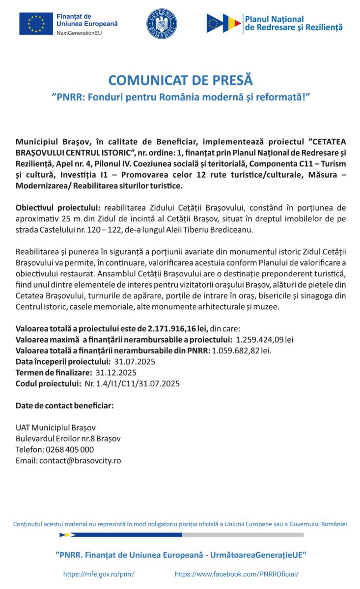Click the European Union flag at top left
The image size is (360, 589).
pyautogui.click(x=36, y=24)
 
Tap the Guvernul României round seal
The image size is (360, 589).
pyautogui.click(x=162, y=24)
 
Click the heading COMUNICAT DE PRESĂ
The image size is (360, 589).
pyautogui.click(x=180, y=80)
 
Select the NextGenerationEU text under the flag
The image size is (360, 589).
pyautogui.click(x=79, y=33)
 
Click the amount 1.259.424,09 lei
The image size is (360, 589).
pyautogui.click(x=265, y=340)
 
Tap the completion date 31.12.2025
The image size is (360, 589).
pyautogui.click(x=116, y=373)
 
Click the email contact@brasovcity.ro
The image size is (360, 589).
pyautogui.click(x=80, y=460)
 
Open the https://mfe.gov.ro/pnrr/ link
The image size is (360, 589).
pyautogui.click(x=99, y=574)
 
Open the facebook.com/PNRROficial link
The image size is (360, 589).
pyautogui.click(x=237, y=574)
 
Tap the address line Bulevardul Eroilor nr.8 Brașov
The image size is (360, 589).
pyautogui.click(x=68, y=438)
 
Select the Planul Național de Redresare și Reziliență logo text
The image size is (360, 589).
pyautogui.click(x=293, y=24)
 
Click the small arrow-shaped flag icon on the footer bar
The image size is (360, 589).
pyautogui.click(x=67, y=535)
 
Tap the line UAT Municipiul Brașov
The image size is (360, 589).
pyautogui.click(x=55, y=428)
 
